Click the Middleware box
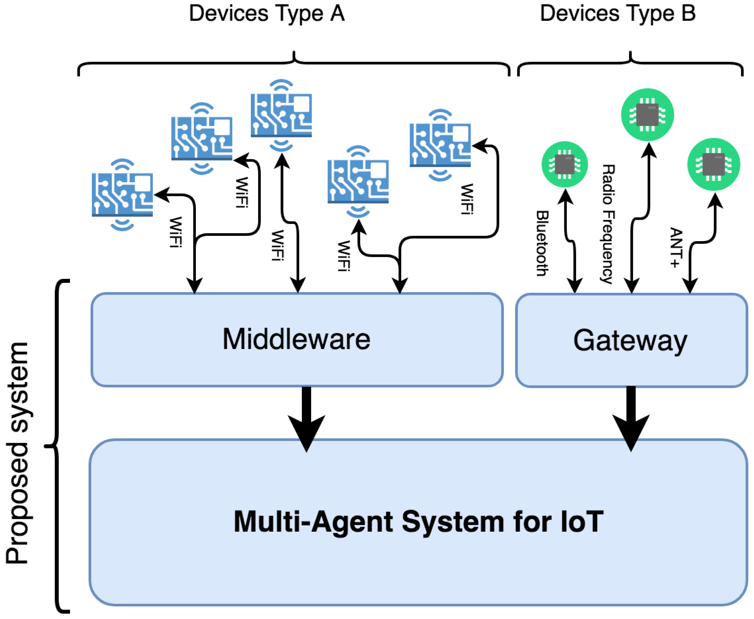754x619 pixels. [x=297, y=339]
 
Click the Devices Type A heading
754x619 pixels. [x=267, y=14]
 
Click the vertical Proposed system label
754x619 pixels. [x=17, y=453]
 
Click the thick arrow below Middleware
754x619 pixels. [x=306, y=421]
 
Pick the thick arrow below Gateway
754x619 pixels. [x=631, y=421]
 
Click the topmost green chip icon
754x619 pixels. [x=647, y=115]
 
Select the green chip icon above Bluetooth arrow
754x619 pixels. [x=565, y=164]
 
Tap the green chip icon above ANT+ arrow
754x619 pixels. [x=713, y=164]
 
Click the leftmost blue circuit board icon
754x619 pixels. [x=122, y=195]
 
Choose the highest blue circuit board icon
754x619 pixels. [x=281, y=115]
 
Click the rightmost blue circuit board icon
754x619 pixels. [x=440, y=145]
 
